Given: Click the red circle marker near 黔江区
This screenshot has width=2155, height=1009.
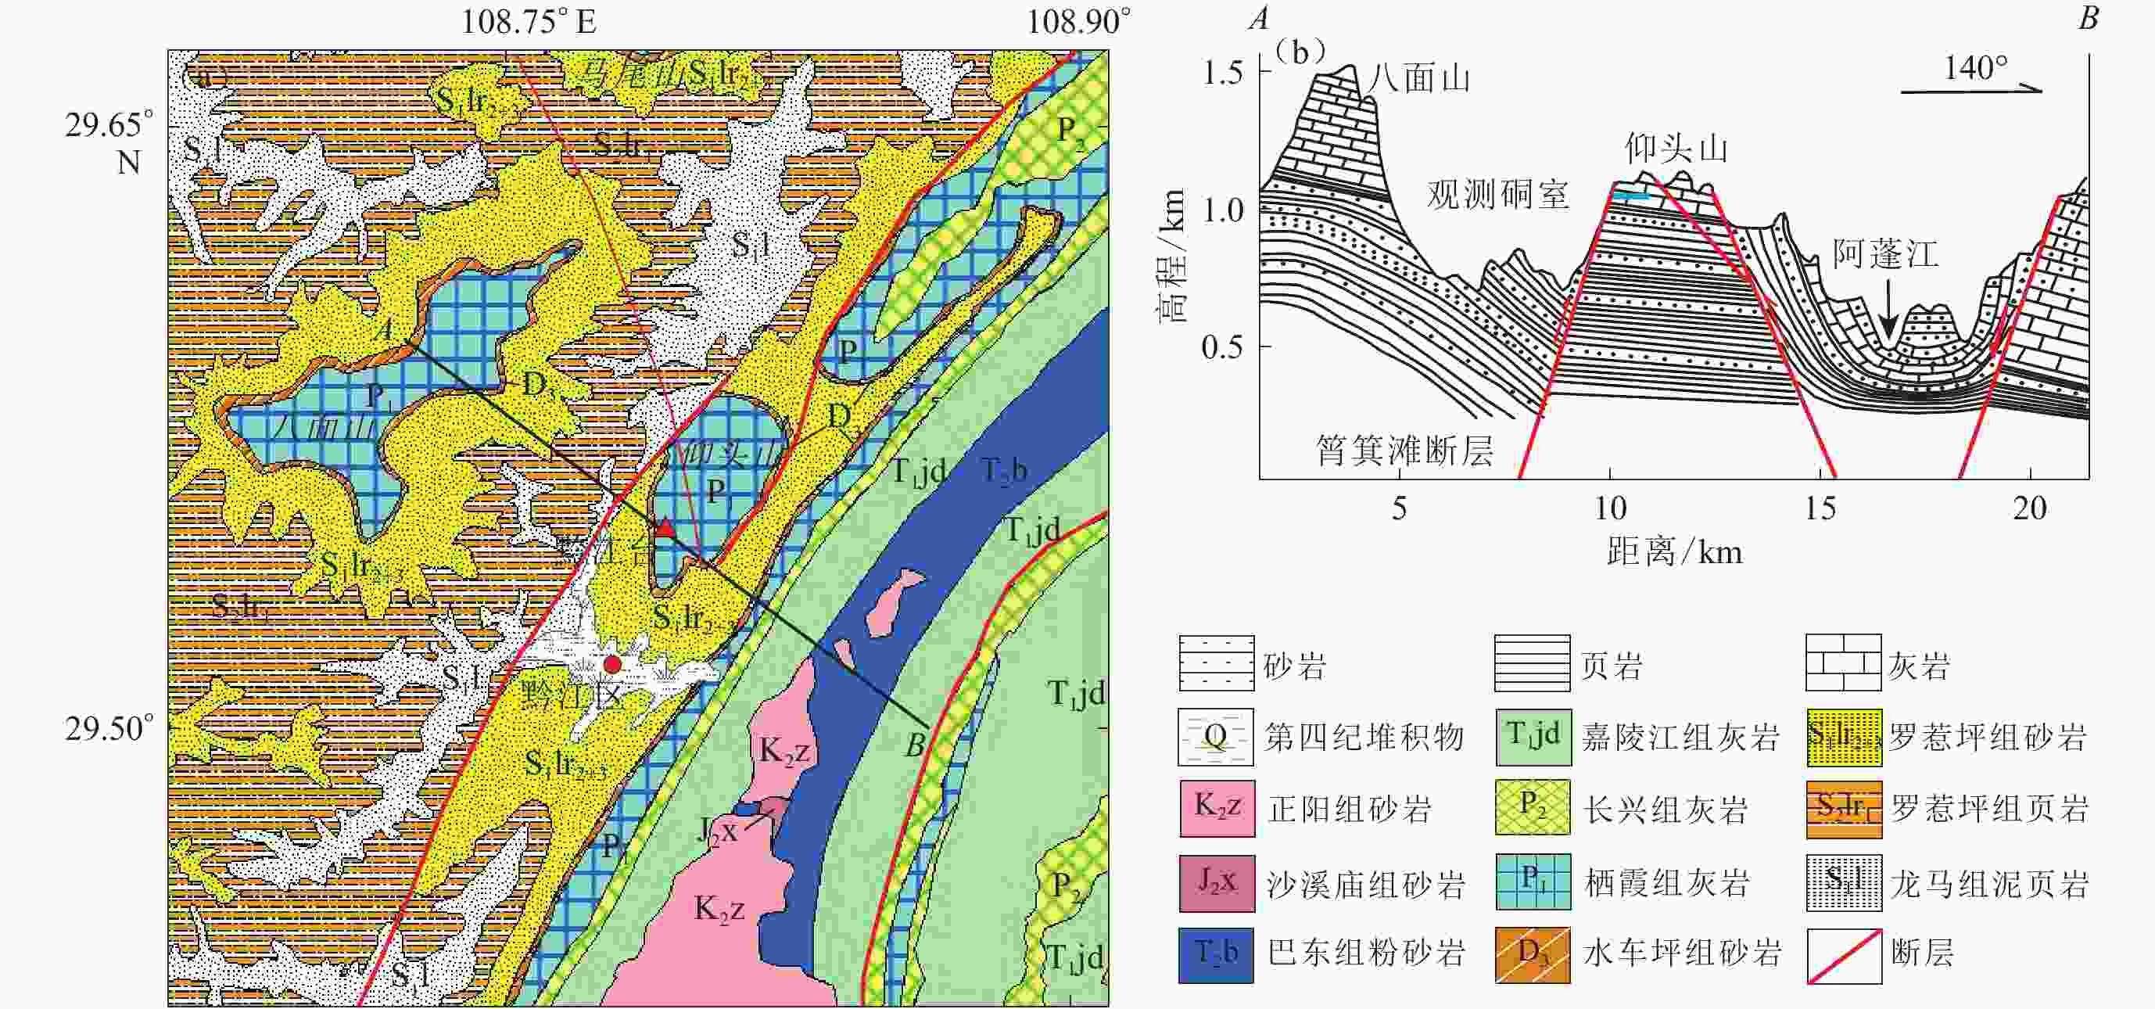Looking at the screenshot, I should (612, 664).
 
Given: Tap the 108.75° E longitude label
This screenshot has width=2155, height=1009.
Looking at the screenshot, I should (529, 21).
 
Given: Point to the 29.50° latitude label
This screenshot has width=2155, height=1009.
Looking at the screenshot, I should (109, 729).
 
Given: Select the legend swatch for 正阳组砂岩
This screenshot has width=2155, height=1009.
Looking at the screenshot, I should (1217, 808).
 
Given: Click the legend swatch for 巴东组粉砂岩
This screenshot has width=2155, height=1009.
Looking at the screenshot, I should (1217, 953).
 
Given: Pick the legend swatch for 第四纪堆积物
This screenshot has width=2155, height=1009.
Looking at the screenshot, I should (1217, 736).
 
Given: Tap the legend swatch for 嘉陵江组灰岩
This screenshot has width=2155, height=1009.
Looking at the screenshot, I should (1533, 736).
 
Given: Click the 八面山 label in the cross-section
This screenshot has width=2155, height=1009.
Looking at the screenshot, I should (1419, 79).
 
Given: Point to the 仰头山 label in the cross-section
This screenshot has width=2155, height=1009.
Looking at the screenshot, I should (1676, 149).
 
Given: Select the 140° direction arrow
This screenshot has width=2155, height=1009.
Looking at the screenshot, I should (1972, 88).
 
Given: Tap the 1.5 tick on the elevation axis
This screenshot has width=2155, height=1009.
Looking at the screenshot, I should (1222, 74).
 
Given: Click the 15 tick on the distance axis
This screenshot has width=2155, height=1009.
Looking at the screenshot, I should (1820, 508).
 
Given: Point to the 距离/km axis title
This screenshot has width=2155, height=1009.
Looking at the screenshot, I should (1675, 552).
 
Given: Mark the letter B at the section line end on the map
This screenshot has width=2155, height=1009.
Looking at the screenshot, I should (915, 744).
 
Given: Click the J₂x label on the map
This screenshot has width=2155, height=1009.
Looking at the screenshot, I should (718, 830).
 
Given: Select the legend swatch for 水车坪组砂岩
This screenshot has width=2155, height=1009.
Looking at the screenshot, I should (1533, 953).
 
